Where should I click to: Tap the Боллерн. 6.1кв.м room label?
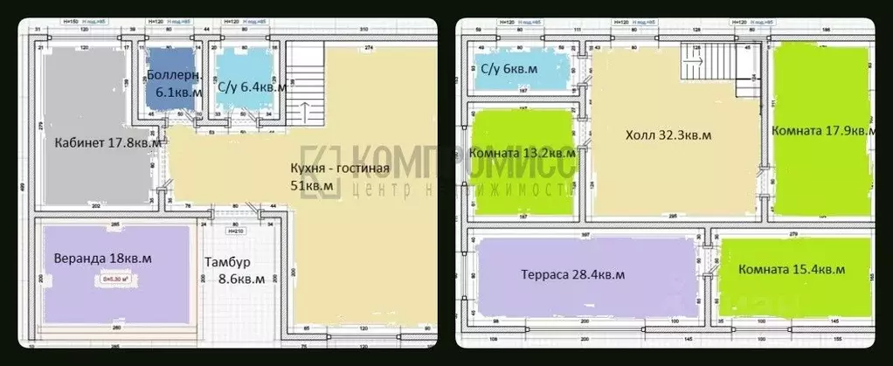pyautogui.click(x=175, y=83)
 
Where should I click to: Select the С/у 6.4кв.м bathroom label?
pyautogui.click(x=252, y=86)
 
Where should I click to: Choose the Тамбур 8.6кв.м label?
pyautogui.click(x=231, y=272)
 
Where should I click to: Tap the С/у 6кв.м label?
pyautogui.click(x=509, y=67)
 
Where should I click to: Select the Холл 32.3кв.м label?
pyautogui.click(x=668, y=136)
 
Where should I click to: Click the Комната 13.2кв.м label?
pyautogui.click(x=522, y=153)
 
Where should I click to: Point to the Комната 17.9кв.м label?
pyautogui.click(x=823, y=130)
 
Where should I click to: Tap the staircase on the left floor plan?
pyautogui.click(x=306, y=87)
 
